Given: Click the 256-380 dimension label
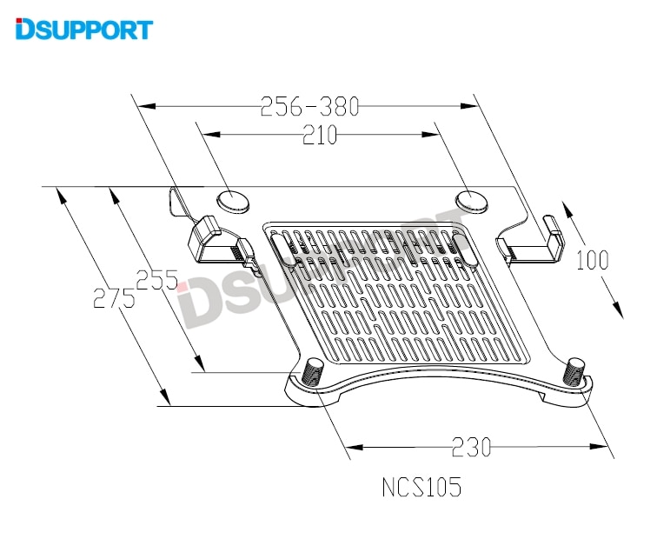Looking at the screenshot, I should (x=309, y=107).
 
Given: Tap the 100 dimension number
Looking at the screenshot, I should (x=592, y=260).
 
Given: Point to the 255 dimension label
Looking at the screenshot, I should (x=156, y=280).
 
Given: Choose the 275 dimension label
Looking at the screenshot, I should (x=114, y=300).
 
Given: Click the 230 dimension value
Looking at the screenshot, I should (x=472, y=447).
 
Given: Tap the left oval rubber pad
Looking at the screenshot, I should (x=233, y=200).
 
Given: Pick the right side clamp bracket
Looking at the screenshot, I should (x=532, y=242).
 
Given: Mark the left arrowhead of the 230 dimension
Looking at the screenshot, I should (x=357, y=447).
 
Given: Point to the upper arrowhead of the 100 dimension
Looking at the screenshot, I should (x=567, y=210).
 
